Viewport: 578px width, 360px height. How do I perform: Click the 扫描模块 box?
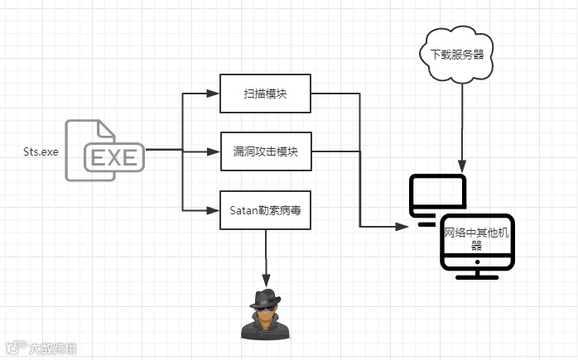pos(266,94)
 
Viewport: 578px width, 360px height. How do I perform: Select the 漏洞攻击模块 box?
pos(266,151)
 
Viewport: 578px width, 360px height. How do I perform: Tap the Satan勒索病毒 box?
pos(266,210)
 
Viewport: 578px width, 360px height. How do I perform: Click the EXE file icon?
pos(104,146)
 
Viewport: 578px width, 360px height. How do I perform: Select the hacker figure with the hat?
pos(265,315)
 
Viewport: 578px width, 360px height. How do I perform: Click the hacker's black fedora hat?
pos(265,299)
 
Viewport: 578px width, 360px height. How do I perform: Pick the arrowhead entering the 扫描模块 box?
pos(214,94)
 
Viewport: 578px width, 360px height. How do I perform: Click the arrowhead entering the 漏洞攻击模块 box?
pos(214,151)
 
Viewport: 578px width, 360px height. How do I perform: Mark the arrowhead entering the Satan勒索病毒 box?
pos(214,210)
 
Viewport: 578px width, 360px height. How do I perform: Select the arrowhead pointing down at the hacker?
pos(266,282)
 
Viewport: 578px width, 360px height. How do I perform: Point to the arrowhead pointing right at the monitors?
pos(405,227)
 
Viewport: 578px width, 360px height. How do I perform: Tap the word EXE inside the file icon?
pos(114,157)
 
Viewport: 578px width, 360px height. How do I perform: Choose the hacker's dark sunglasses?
pos(264,307)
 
